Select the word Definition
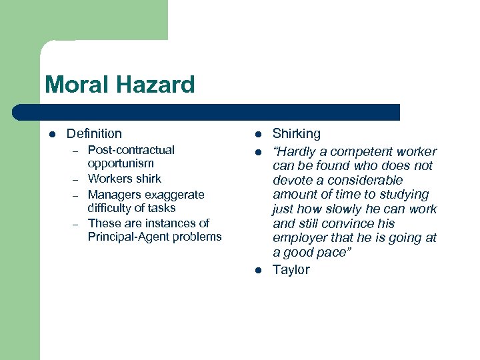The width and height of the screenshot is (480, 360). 94,134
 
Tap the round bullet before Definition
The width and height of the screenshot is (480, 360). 53,134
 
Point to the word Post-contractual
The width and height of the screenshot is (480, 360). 131,150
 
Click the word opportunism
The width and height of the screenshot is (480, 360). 121,163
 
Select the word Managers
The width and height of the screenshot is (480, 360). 113,195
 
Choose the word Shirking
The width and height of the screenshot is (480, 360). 297,134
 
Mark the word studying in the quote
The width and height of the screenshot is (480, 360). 404,195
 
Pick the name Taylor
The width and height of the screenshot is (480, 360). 291,270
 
